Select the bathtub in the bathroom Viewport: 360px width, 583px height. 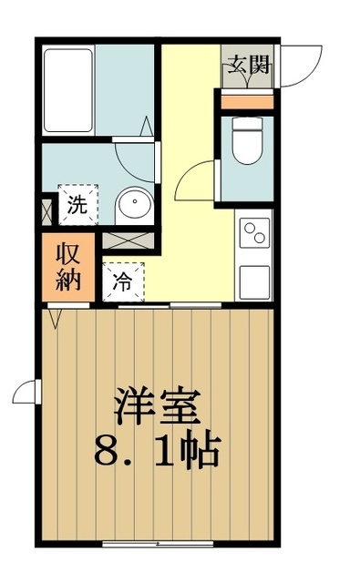pyautogui.click(x=69, y=88)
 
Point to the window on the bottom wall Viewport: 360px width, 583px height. pyautogui.click(x=151, y=545)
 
